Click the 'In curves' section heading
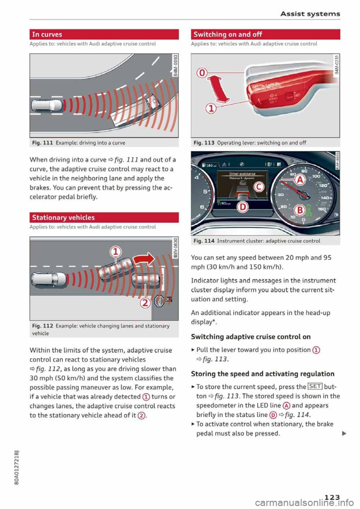[47, 34]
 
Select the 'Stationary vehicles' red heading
[63, 218]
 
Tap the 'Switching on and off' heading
[228, 34]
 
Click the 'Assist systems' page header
[310, 14]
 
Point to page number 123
[332, 497]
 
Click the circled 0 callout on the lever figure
[202, 73]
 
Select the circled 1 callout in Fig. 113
[211, 109]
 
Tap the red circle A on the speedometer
[300, 180]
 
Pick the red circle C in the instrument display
[259, 186]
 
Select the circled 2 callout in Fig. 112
[145, 302]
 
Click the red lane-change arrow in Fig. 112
[144, 258]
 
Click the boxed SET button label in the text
[315, 387]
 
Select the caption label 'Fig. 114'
[204, 241]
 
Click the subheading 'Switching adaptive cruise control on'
[250, 337]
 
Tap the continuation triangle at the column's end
[344, 434]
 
